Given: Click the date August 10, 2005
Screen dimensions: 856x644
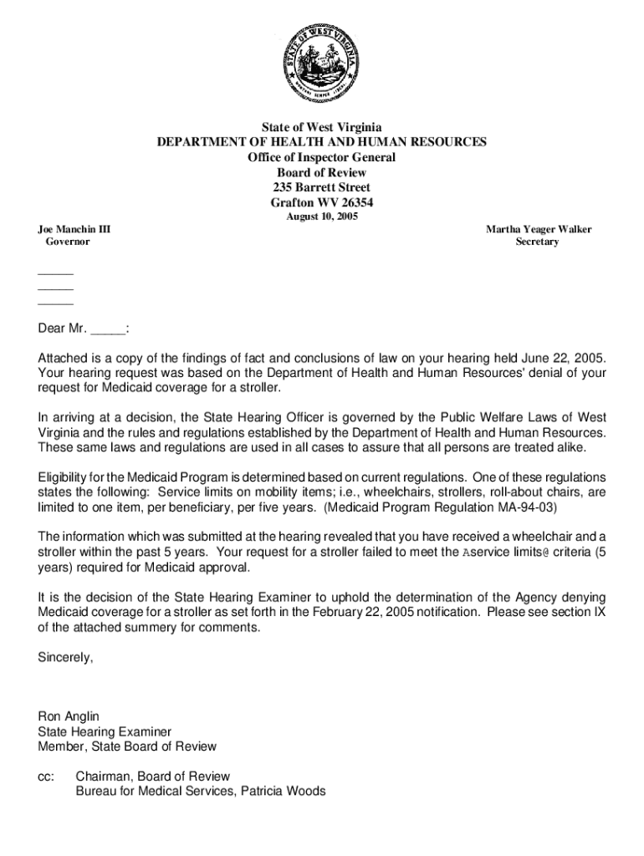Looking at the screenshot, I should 322,217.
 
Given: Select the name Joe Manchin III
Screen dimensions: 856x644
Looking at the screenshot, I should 74,229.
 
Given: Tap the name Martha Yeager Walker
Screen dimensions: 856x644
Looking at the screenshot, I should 539,229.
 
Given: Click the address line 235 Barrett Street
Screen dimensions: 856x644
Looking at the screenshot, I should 321,187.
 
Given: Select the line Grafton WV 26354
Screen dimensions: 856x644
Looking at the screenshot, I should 321,202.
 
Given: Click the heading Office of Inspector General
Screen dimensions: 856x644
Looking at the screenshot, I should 321,157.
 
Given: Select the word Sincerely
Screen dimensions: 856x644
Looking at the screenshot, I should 66,657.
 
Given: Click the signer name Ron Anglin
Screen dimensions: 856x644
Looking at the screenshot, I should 69,716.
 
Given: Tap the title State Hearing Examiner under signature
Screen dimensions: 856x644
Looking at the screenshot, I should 105,731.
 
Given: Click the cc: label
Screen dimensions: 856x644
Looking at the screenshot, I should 46,777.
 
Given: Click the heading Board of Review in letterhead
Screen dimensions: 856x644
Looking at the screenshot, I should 321,172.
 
